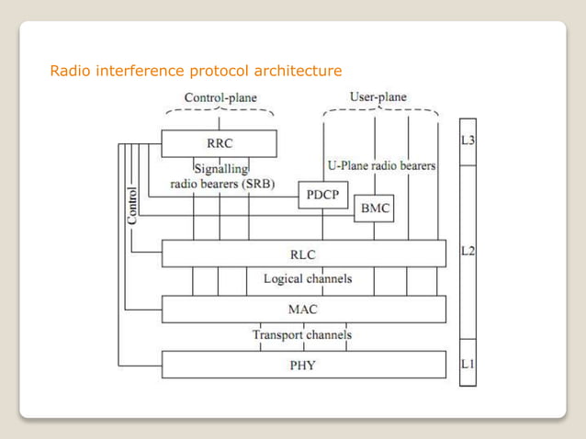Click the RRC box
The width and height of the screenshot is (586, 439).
click(x=219, y=143)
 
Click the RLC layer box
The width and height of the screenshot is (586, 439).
click(x=303, y=254)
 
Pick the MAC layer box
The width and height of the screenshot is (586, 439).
click(x=303, y=310)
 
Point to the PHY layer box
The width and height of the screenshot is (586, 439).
click(x=303, y=365)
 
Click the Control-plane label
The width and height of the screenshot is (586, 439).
click(x=220, y=97)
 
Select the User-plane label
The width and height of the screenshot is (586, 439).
click(x=378, y=96)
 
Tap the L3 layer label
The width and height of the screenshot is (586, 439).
click(x=468, y=141)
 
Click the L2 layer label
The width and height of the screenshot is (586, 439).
click(x=468, y=250)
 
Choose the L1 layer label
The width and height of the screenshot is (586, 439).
click(x=468, y=365)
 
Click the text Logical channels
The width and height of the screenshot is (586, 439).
click(x=307, y=278)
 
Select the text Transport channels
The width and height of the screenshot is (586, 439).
click(x=302, y=335)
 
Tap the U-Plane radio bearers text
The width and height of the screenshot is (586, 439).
click(x=381, y=166)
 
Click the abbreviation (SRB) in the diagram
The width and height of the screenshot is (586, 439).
click(x=255, y=183)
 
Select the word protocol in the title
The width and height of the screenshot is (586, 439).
click(x=218, y=71)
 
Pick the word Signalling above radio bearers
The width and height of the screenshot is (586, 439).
click(x=221, y=168)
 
